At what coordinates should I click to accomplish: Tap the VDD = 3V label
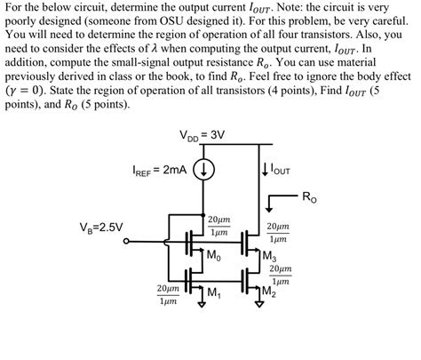click(203, 136)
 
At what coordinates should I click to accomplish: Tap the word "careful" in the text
click(390, 21)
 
